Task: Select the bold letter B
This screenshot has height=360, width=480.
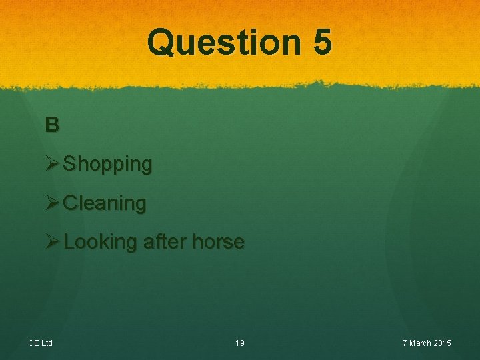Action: point(52,124)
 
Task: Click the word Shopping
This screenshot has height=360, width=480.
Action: point(108,164)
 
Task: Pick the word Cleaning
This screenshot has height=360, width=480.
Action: point(105,203)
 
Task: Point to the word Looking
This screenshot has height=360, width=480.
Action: point(100,242)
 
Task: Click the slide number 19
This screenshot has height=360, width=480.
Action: point(240,343)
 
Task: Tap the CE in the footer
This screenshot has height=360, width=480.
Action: point(33,343)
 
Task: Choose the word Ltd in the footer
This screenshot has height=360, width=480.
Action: point(47,343)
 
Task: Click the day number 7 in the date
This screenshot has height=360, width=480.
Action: point(405,343)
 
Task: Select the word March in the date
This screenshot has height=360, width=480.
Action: point(421,343)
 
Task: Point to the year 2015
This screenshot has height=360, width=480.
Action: point(443,343)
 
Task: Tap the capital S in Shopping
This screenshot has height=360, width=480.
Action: point(69,163)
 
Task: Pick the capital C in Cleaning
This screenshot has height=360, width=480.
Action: point(70,203)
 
